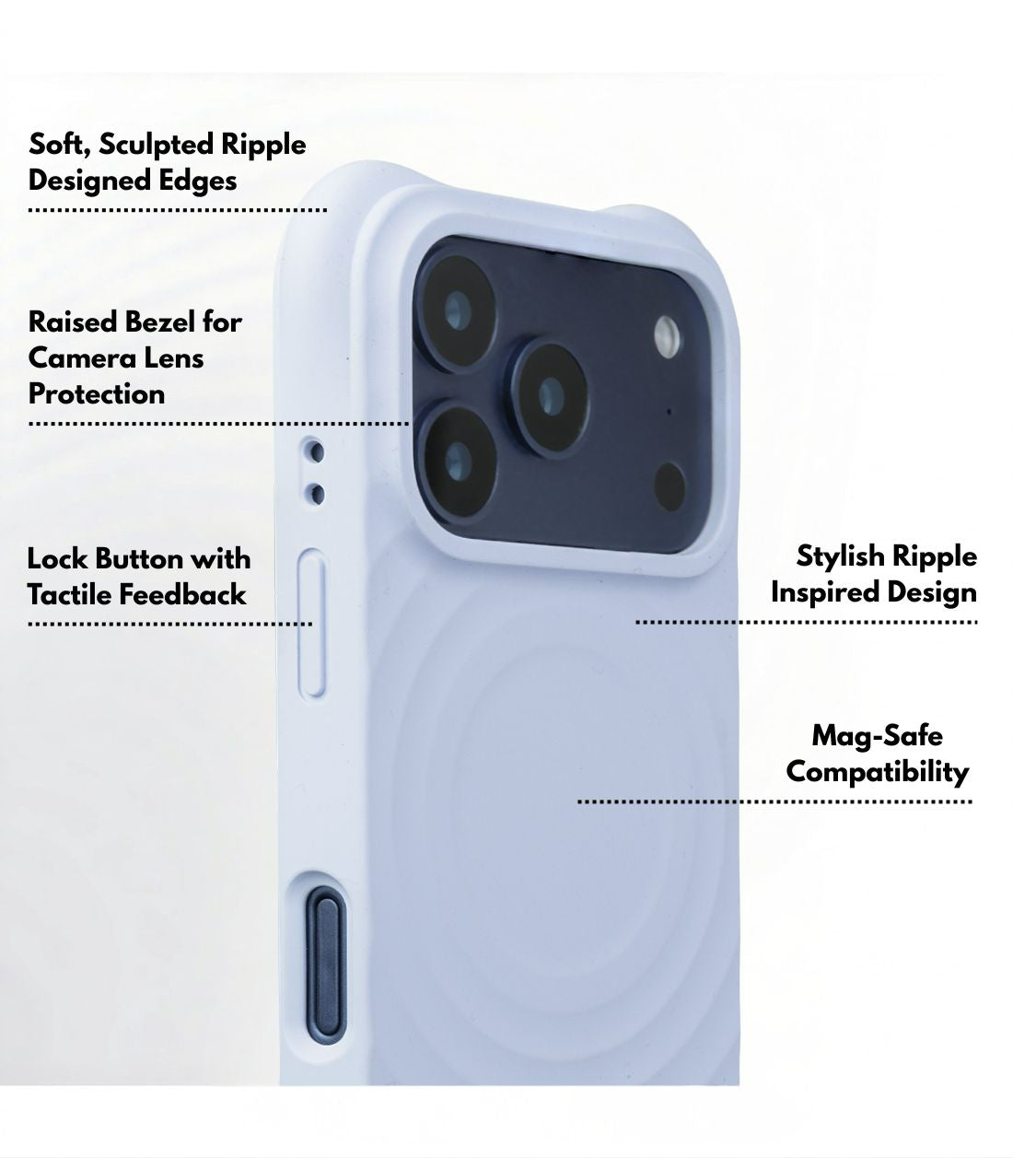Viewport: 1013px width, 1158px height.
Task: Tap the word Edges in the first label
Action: (197, 182)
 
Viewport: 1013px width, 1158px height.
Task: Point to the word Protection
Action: (97, 394)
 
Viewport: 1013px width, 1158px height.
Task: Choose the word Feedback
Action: (182, 595)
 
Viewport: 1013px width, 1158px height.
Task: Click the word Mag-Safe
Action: (878, 736)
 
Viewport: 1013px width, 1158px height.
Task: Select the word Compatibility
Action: (878, 773)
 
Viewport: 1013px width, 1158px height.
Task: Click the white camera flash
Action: (668, 337)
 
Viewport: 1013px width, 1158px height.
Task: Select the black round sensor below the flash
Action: (670, 486)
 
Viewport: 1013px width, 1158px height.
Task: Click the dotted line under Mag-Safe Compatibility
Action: (774, 801)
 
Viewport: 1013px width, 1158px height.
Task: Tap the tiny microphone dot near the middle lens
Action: (670, 412)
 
